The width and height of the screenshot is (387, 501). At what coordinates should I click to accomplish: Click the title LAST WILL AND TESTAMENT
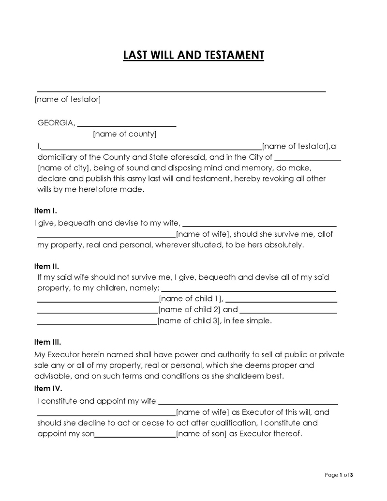(x=193, y=55)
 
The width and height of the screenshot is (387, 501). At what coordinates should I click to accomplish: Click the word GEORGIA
(x=56, y=122)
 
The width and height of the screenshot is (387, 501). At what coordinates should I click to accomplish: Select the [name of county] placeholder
(x=124, y=134)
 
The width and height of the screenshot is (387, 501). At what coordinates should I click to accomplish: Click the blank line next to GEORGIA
(x=127, y=125)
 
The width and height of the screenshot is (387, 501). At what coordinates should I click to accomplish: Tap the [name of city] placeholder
(x=62, y=168)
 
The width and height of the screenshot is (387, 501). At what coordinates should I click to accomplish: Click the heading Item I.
(x=45, y=211)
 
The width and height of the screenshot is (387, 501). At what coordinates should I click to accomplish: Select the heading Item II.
(x=46, y=266)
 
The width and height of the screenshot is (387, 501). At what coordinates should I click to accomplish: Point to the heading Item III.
(x=47, y=342)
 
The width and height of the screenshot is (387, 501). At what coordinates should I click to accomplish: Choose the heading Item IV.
(x=48, y=388)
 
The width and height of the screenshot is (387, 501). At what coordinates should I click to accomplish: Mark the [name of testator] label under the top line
(x=68, y=99)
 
